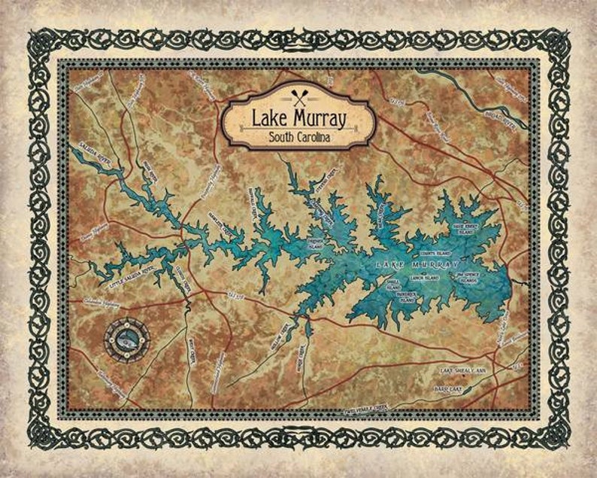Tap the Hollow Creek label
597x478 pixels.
[x=287, y=332]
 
